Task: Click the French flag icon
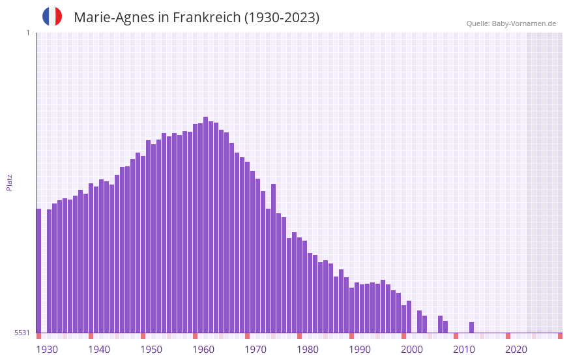(52, 17)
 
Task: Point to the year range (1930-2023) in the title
(282, 18)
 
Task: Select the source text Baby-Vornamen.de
(523, 23)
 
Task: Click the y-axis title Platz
(9, 182)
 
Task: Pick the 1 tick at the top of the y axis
(27, 33)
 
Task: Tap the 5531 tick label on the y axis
(22, 333)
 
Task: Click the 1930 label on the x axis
(47, 350)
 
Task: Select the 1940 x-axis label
(99, 350)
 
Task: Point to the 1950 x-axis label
(151, 350)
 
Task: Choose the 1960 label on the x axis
(203, 350)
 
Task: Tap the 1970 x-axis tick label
(255, 350)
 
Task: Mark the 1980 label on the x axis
(308, 350)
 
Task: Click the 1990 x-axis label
(360, 350)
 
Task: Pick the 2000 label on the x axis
(412, 350)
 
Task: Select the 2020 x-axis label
(516, 350)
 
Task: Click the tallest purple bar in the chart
(206, 225)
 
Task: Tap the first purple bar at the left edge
(38, 271)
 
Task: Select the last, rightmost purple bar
(472, 327)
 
